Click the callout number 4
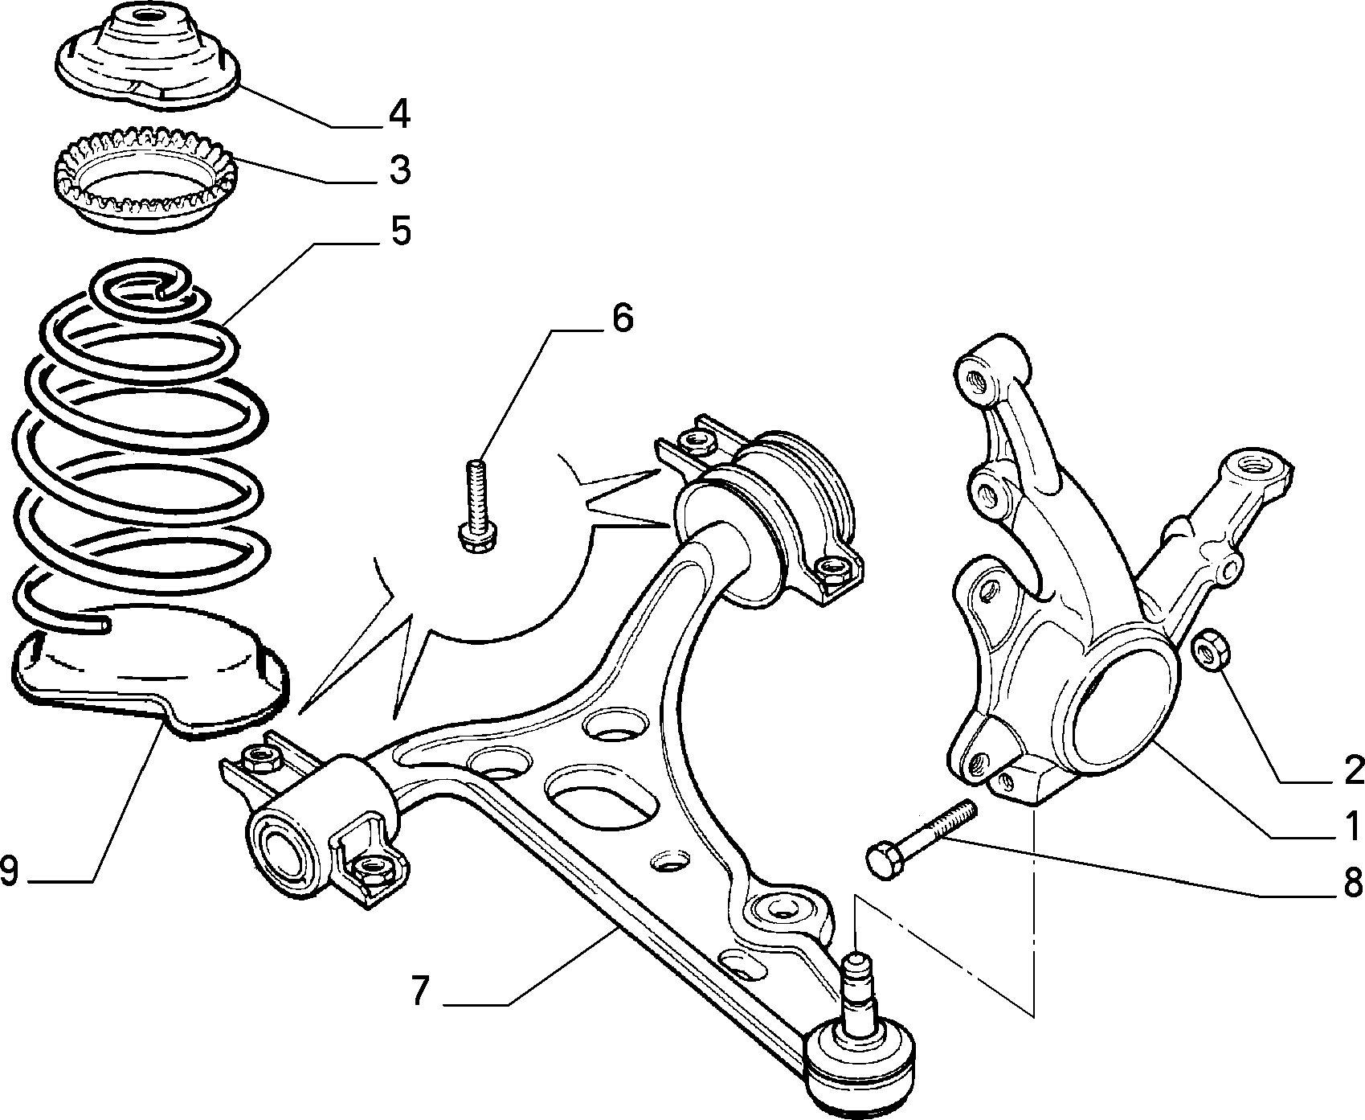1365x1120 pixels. pos(398,115)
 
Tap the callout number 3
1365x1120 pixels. pos(398,170)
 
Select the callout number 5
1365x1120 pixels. pos(400,231)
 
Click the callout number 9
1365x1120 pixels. pos(10,871)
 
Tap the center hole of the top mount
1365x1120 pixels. pos(145,14)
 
